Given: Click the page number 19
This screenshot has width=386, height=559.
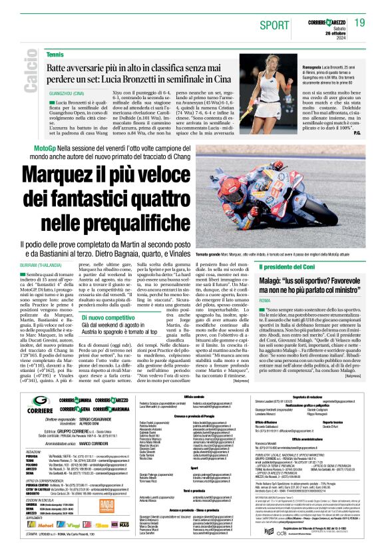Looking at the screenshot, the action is coord(360,23).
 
